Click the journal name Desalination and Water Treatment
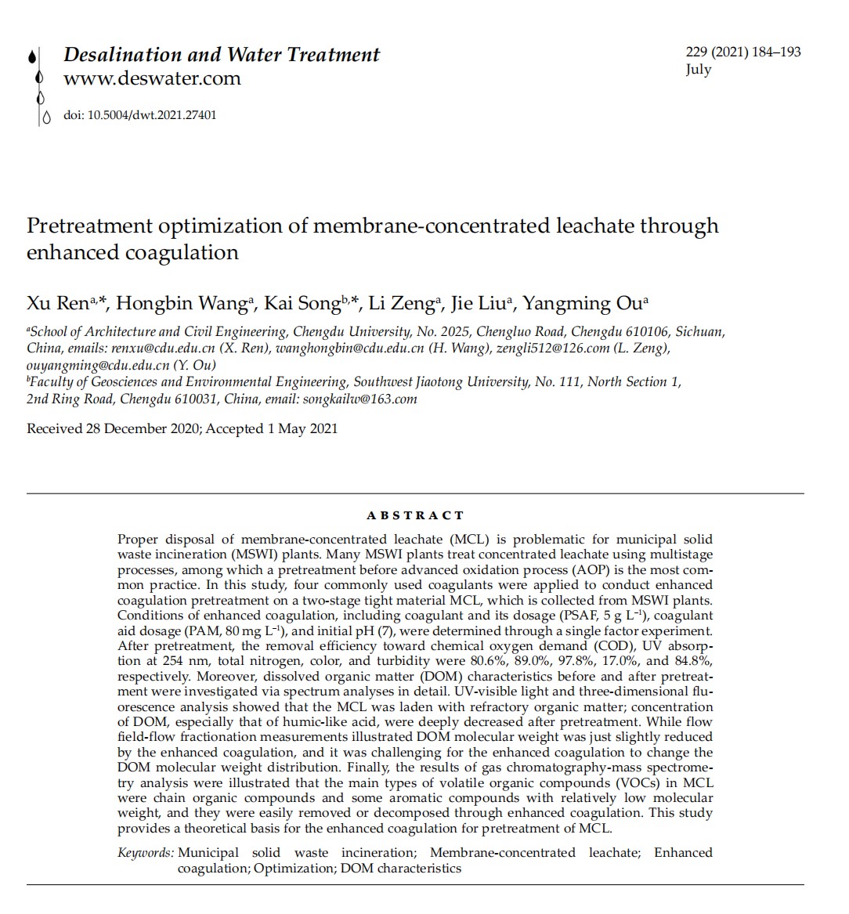[x=221, y=55]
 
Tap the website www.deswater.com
[x=152, y=78]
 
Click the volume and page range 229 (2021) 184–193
[x=742, y=52]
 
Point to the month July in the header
[x=698, y=70]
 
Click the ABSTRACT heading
[x=415, y=515]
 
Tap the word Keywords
[x=146, y=853]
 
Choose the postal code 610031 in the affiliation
[x=197, y=399]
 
